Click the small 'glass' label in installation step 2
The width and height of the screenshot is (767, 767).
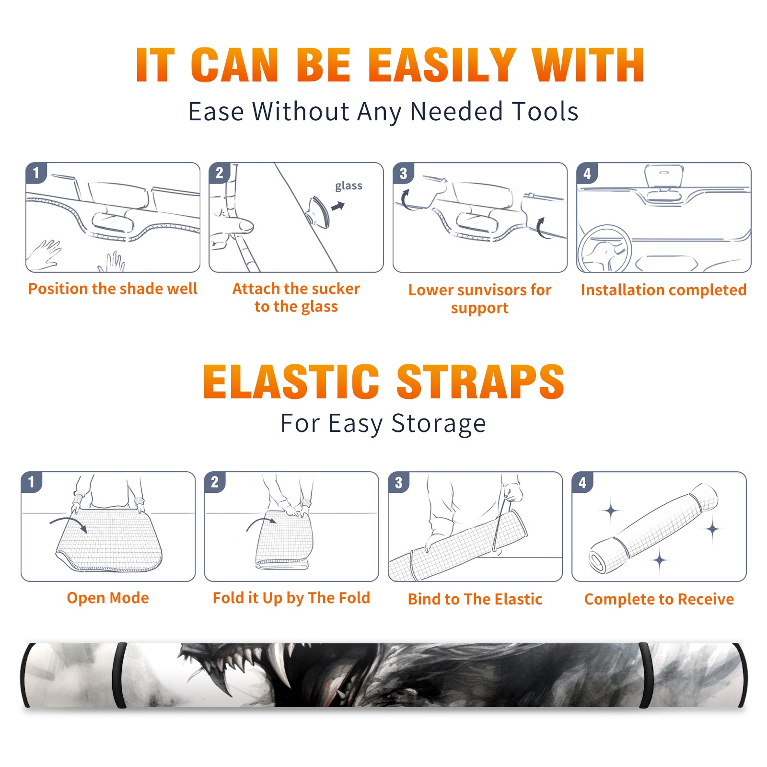pos(349,186)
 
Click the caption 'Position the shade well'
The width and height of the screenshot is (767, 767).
pos(113,289)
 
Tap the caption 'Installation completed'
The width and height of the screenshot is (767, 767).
pos(663,290)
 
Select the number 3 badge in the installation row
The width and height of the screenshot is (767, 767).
pos(403,173)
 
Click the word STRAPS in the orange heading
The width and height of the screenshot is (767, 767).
pos(480,382)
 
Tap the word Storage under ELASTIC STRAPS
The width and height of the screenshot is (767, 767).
pos(439,424)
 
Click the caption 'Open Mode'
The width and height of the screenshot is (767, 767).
pos(108,598)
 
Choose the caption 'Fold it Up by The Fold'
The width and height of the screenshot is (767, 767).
pos(291,598)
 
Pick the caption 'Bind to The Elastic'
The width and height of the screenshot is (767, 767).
pos(475,599)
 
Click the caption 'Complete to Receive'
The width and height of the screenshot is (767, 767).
pos(659,599)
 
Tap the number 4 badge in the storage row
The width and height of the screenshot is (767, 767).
pos(582,482)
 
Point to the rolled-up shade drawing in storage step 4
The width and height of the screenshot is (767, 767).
pos(653,528)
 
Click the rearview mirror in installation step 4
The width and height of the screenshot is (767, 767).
pos(664,176)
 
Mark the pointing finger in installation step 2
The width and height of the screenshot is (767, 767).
pos(233,225)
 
